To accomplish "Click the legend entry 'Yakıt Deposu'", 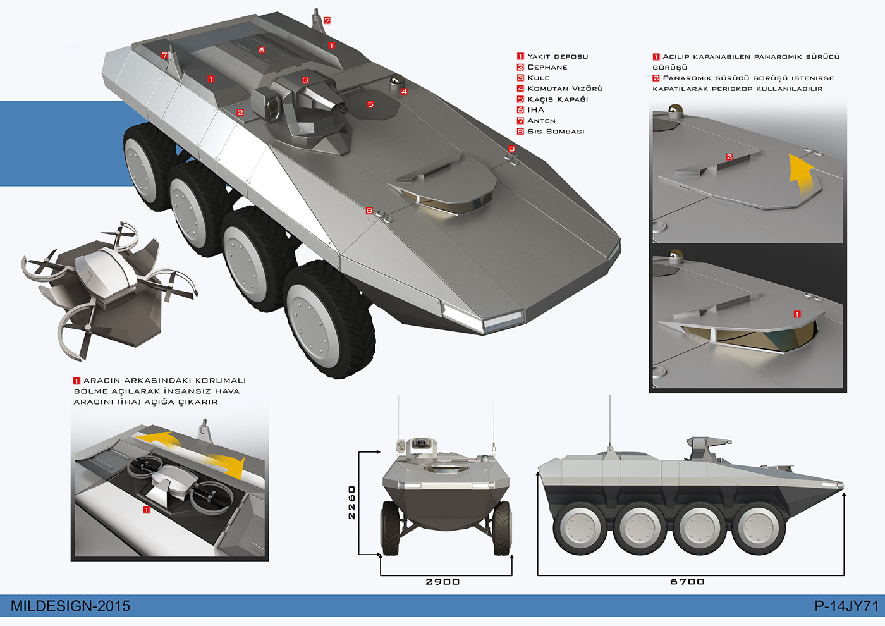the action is (x=558, y=56).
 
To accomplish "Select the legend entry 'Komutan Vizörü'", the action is (x=565, y=89).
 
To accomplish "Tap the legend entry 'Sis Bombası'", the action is (x=556, y=132).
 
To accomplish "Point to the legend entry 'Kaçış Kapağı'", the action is (x=558, y=99).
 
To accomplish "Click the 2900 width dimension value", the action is (x=442, y=582).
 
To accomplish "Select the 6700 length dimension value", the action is (x=687, y=582).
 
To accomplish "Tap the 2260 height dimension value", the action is (x=351, y=502).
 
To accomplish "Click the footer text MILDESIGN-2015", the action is (x=70, y=606).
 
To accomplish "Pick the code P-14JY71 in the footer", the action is (x=846, y=606).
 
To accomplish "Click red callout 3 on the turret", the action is (x=305, y=80).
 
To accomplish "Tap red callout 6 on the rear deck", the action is (x=262, y=50).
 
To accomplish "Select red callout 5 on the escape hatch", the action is (x=370, y=104).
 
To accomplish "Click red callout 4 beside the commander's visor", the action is (x=404, y=92).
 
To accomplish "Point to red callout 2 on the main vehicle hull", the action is (x=240, y=113).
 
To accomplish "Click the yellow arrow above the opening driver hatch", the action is (x=800, y=175).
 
